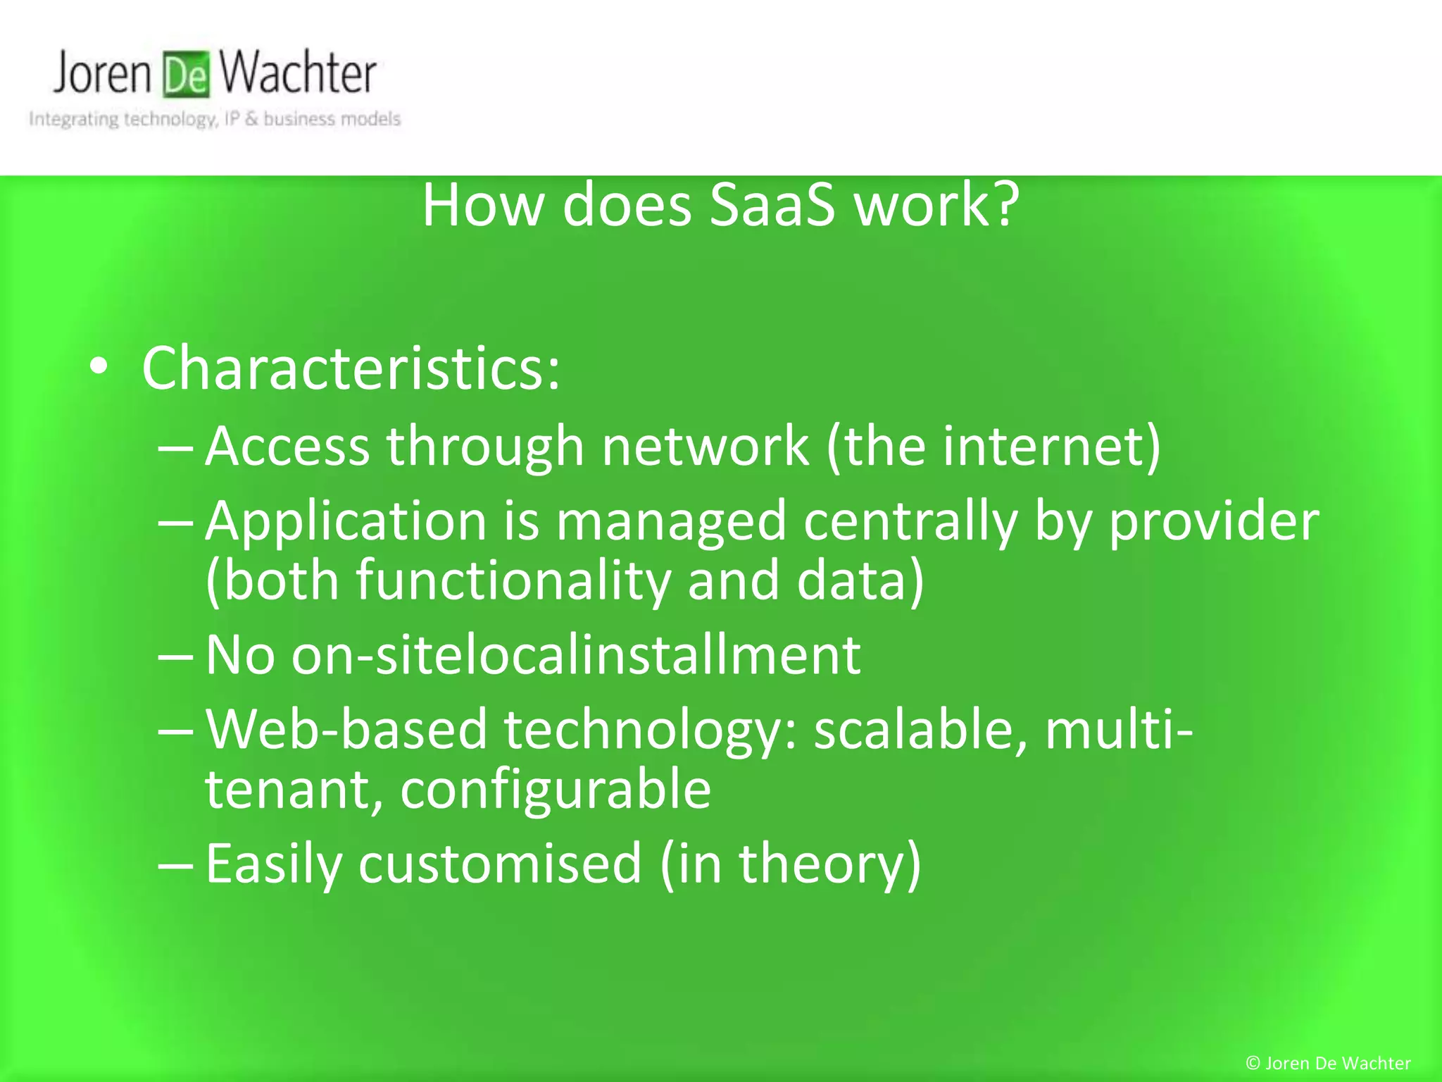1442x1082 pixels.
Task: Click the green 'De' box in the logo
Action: (x=186, y=74)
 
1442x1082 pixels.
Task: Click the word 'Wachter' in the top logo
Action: (x=297, y=73)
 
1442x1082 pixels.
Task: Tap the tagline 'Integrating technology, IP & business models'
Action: (x=215, y=119)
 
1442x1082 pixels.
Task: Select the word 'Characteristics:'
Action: (x=351, y=368)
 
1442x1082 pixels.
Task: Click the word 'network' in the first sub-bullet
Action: (x=705, y=446)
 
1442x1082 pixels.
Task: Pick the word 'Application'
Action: (x=346, y=522)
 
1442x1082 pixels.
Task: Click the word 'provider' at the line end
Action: (x=1214, y=522)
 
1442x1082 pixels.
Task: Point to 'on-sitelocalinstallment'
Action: (x=575, y=654)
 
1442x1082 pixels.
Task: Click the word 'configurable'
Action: (x=556, y=789)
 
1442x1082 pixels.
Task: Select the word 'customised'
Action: (x=500, y=864)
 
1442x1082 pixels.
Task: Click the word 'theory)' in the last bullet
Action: (x=829, y=864)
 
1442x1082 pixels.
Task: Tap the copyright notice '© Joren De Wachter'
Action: (x=1328, y=1063)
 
